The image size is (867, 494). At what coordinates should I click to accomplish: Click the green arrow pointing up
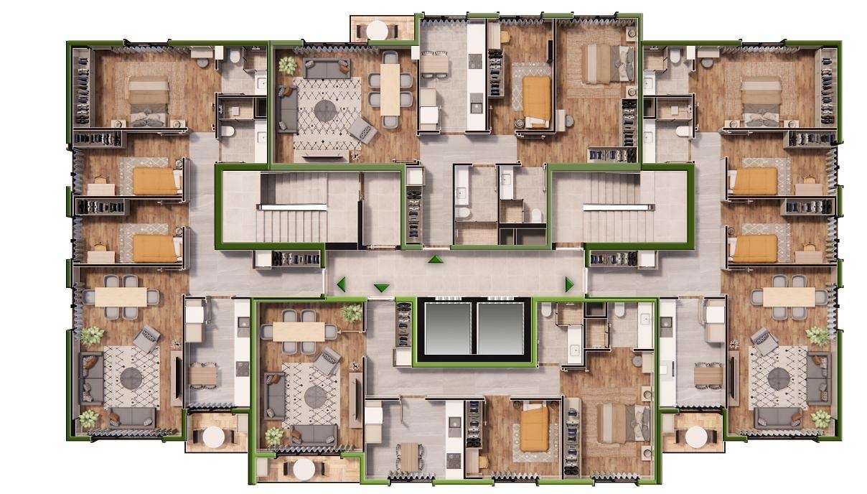[434, 259]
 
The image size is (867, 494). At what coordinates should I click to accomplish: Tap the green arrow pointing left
[341, 284]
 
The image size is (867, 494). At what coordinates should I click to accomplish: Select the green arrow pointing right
[569, 285]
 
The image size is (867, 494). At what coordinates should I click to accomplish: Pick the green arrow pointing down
[381, 288]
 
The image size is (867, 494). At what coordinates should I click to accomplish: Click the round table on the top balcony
[377, 29]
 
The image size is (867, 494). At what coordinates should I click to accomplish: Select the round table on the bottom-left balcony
[213, 436]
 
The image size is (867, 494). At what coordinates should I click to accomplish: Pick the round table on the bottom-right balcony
[696, 436]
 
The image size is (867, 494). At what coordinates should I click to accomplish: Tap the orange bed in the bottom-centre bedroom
[534, 429]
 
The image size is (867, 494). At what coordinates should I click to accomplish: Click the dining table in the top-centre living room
[390, 89]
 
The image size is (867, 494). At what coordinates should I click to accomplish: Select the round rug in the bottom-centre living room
[316, 395]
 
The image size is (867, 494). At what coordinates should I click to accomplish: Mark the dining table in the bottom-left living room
[121, 297]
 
